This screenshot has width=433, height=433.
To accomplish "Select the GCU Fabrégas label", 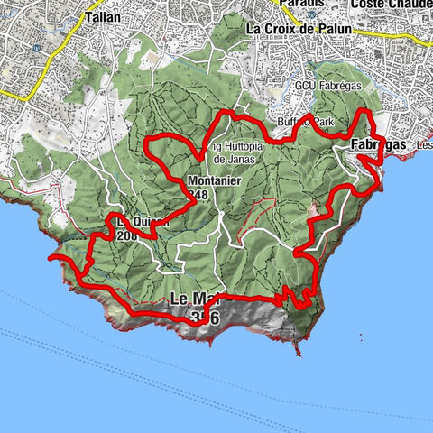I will point(302,85).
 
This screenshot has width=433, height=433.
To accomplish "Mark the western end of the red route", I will point(52,258).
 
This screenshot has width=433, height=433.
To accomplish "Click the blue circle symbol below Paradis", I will point(312,15).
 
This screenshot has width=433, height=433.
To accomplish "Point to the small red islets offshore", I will point(361,339).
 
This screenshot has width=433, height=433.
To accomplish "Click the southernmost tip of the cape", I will point(297,353).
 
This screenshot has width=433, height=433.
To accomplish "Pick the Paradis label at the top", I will point(301,4).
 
